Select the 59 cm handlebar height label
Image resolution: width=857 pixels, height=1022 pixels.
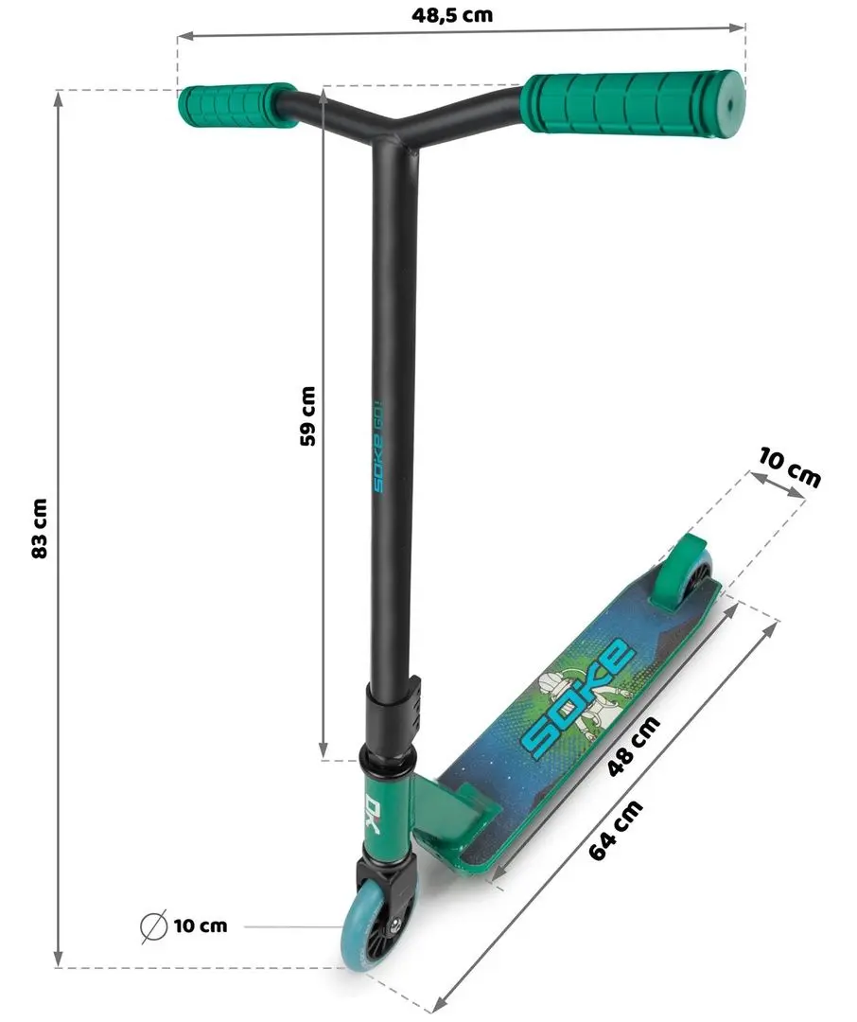[308, 414]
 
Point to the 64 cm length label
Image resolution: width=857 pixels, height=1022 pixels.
[616, 830]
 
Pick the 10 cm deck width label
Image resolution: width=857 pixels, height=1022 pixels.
[790, 467]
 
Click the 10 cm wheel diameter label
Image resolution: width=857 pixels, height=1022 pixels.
[200, 925]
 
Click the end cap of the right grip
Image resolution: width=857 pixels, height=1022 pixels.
[729, 105]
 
